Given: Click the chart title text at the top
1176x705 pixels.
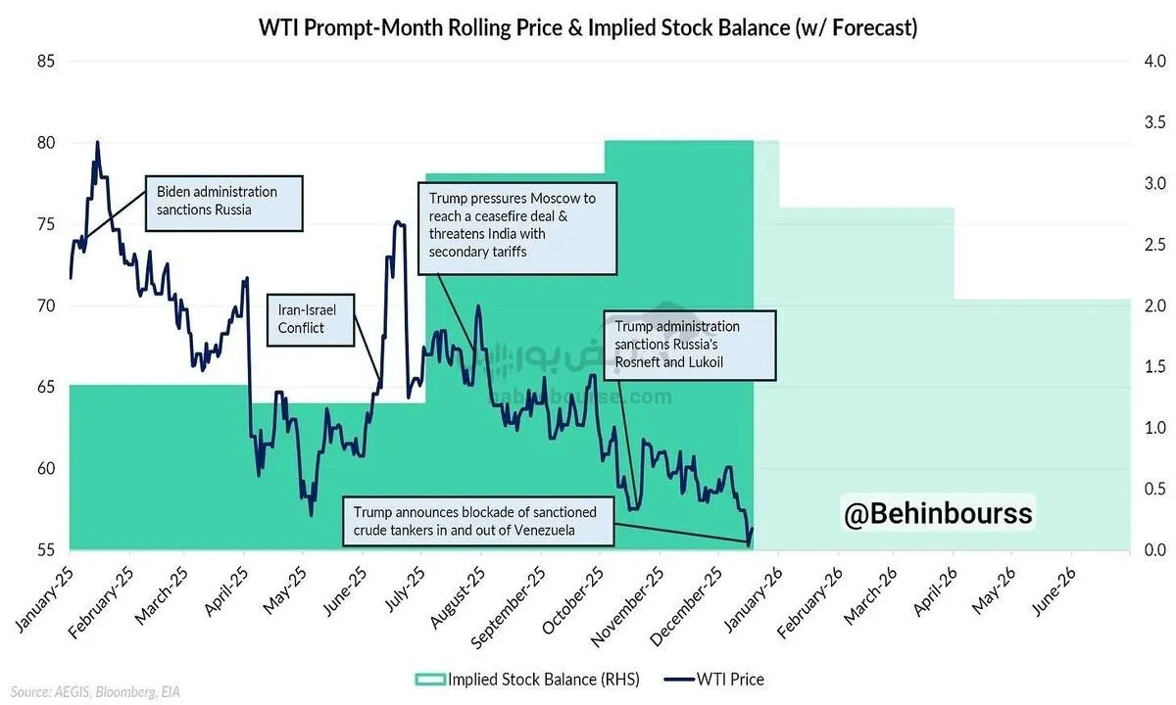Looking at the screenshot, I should tap(588, 27).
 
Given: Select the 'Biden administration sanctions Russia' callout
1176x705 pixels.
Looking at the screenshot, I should tap(223, 203).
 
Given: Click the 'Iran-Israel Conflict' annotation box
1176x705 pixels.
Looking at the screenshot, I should tap(310, 319).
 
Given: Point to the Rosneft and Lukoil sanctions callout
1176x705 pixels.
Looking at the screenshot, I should tap(689, 346).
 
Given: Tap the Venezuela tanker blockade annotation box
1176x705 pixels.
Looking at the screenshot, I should tap(478, 521).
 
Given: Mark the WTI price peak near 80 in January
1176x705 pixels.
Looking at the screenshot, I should tap(97, 143).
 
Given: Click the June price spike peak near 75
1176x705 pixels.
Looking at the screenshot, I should tap(398, 223).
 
